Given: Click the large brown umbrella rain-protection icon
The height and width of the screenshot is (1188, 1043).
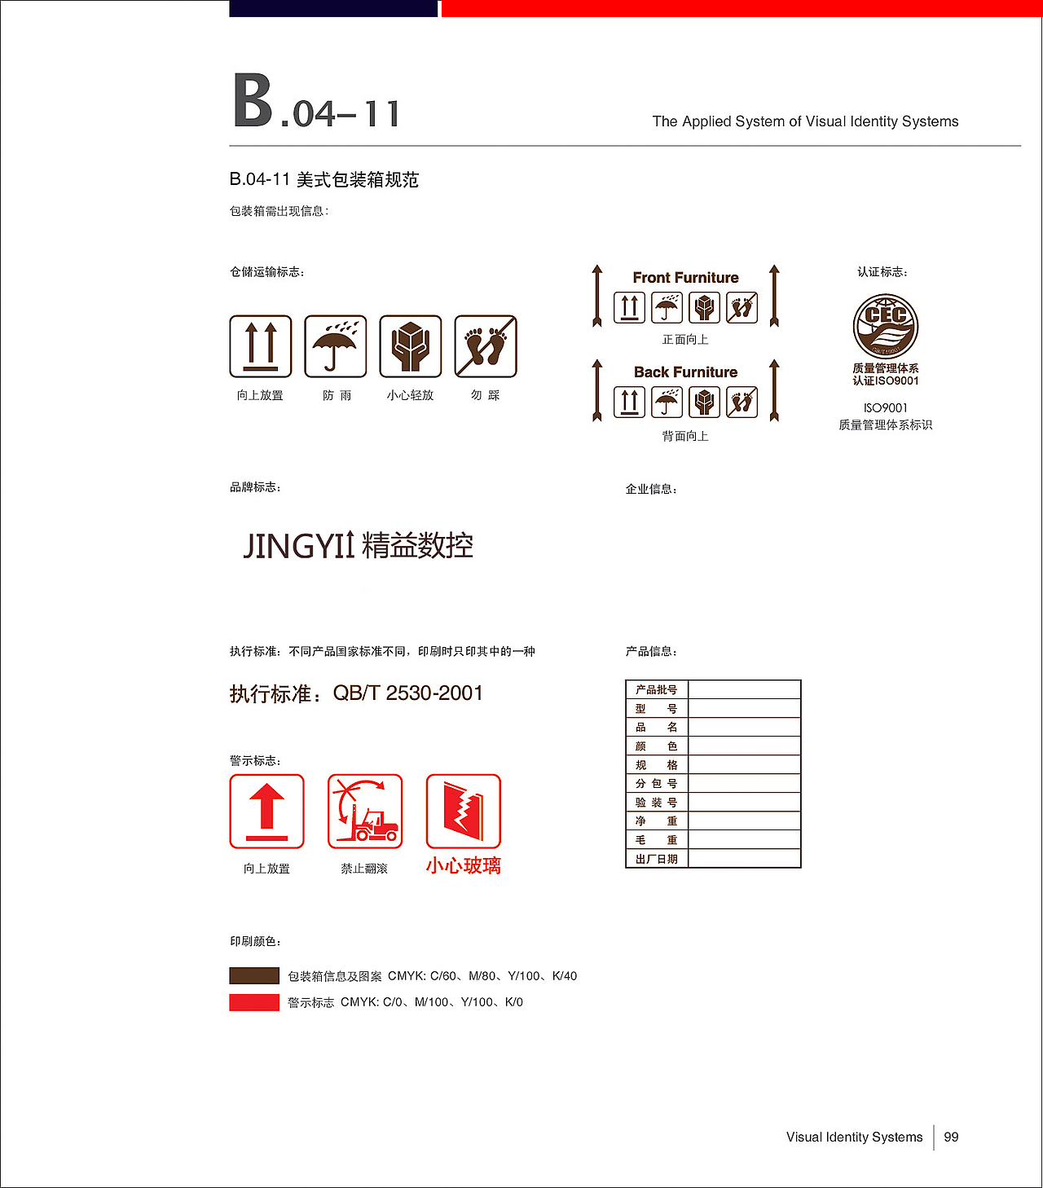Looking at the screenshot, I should (x=336, y=346).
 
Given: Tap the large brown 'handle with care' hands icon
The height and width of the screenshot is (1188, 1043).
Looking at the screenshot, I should (x=411, y=346).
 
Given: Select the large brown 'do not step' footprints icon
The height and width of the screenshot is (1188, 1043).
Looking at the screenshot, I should (x=486, y=346).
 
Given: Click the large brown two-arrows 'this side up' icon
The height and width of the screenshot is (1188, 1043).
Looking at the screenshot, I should (x=261, y=346).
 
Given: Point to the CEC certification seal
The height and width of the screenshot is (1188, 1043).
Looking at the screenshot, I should (x=886, y=326).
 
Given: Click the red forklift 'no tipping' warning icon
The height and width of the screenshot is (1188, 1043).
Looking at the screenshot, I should (x=365, y=812).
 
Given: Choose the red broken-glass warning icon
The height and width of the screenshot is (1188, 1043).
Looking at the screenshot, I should (x=464, y=812).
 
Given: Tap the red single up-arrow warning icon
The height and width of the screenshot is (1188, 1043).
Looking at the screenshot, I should (x=266, y=812).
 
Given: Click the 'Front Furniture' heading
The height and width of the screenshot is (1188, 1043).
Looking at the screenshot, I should (x=685, y=278).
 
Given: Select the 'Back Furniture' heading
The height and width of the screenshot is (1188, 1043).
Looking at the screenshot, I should (x=685, y=372).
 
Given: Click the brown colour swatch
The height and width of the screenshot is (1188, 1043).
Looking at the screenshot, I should (x=254, y=976).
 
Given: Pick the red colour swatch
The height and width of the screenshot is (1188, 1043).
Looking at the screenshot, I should (x=254, y=1002).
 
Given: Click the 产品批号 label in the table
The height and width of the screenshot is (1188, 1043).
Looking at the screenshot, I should (x=657, y=690).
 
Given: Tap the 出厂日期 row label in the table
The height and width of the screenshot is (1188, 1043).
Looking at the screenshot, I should (x=657, y=859).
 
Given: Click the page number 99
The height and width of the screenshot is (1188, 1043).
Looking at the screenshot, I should (x=951, y=1137).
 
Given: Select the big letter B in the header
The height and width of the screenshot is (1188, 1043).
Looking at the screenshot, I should (x=253, y=101).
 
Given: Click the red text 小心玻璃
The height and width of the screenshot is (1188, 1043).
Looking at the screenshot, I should (x=464, y=865).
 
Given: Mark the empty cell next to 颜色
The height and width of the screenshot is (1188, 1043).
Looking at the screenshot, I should (x=744, y=746).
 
